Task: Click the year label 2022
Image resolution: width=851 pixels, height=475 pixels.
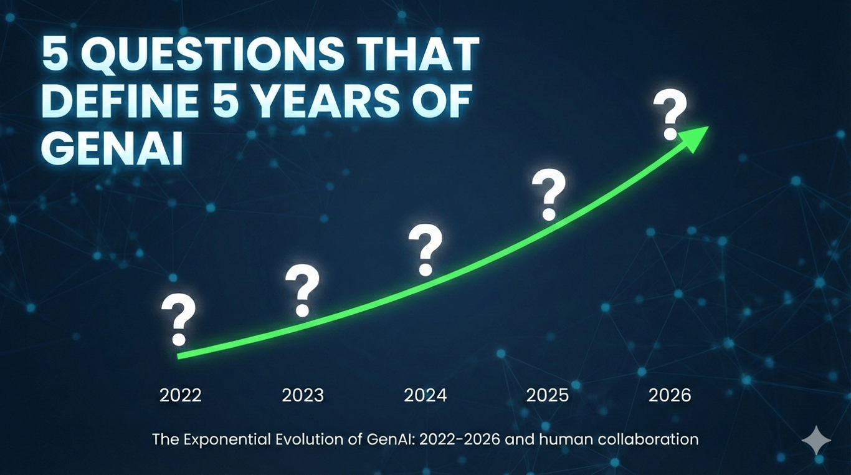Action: coord(181,395)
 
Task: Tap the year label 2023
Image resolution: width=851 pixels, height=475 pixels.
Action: coord(303,395)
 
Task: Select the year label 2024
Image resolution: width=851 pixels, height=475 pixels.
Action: coord(425,395)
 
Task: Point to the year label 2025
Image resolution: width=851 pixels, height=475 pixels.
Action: coord(548,395)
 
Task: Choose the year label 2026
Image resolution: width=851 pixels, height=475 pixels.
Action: coord(670,395)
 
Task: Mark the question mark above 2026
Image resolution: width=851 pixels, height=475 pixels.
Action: coord(670,115)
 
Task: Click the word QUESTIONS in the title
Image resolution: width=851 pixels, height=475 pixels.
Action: coord(212,55)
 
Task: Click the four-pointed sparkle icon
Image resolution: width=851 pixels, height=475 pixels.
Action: coord(816,441)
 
